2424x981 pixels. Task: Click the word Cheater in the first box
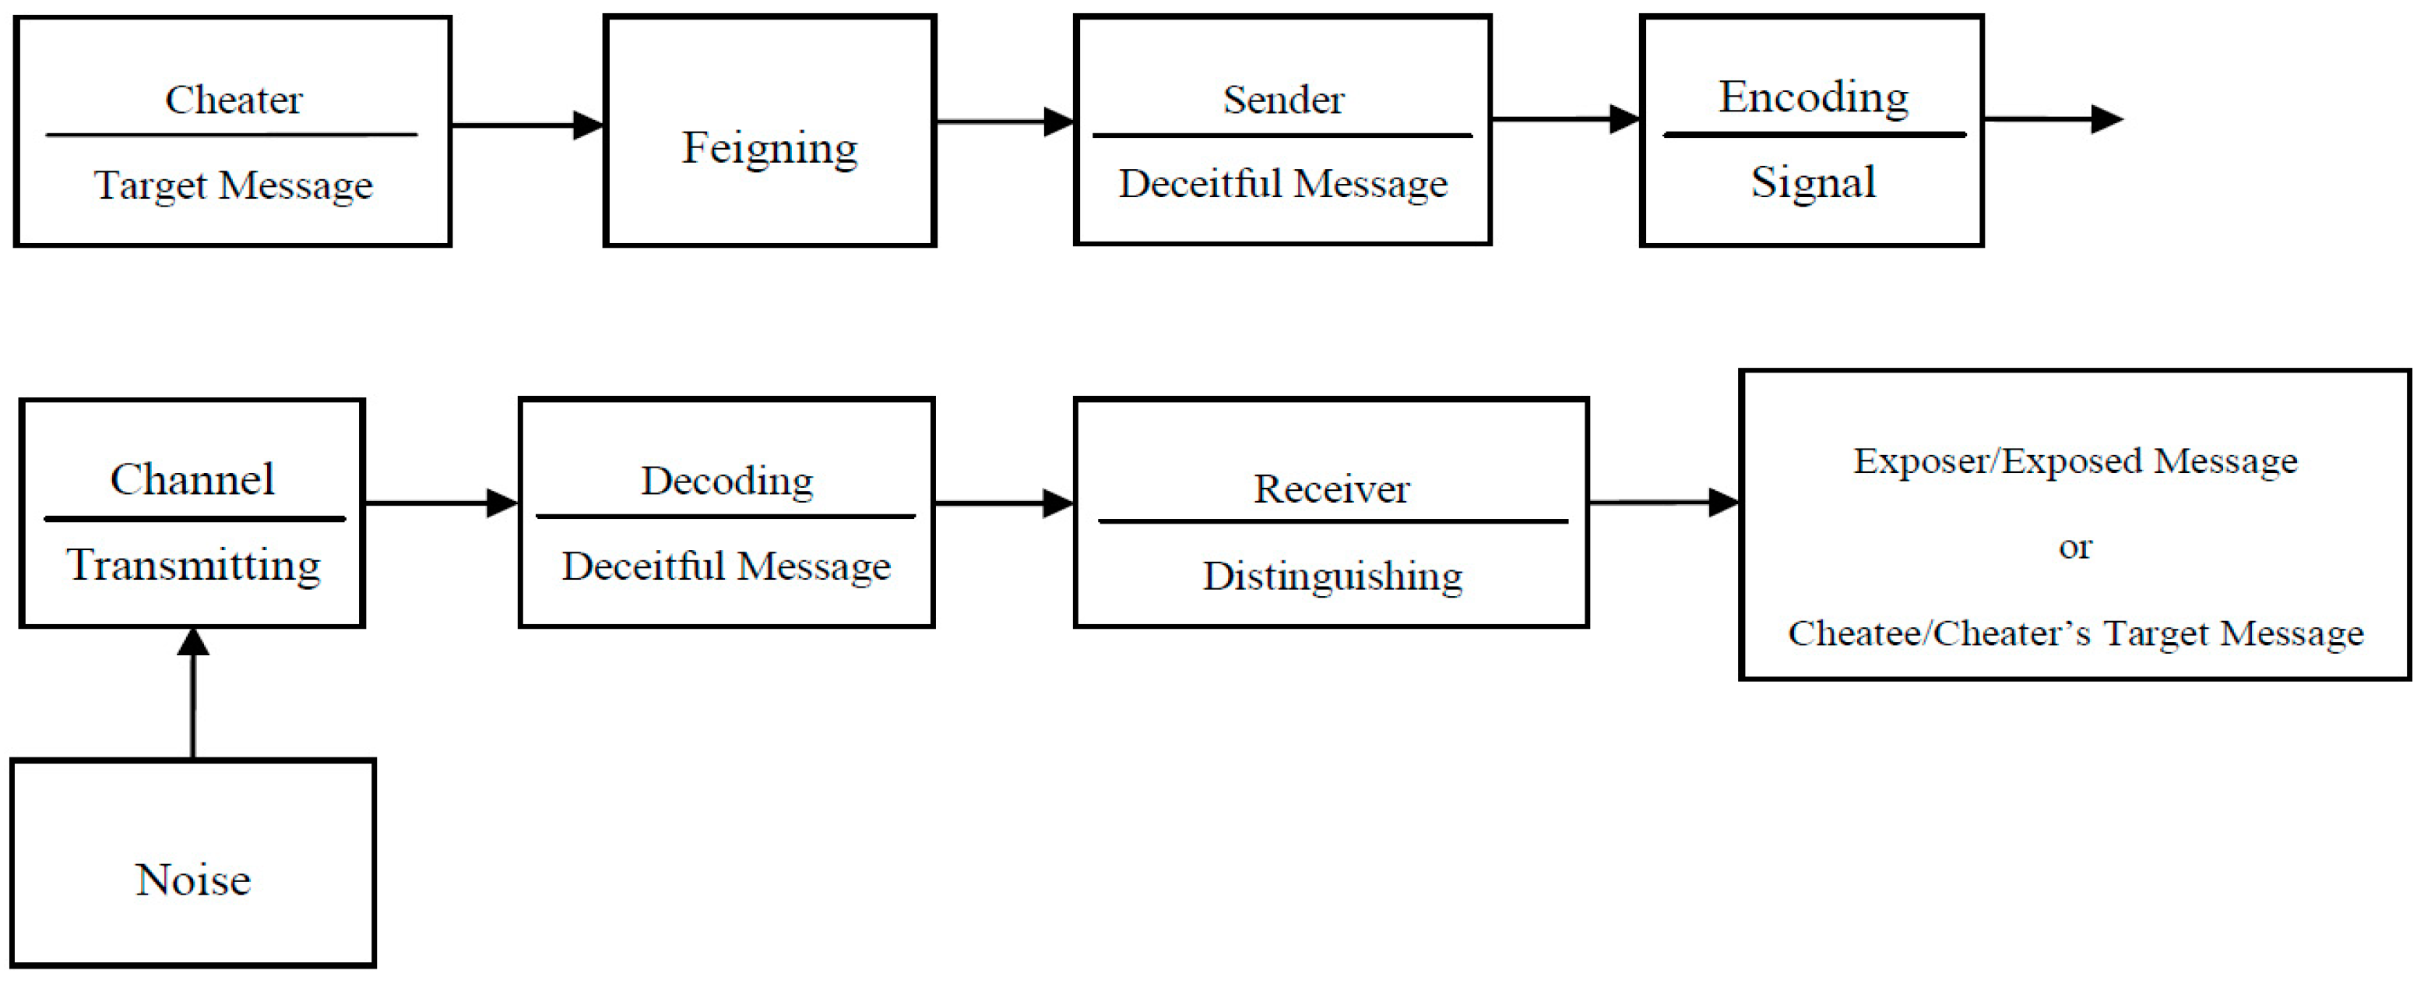pos(234,100)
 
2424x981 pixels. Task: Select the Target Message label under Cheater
pos(234,185)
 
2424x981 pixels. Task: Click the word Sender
pos(1282,100)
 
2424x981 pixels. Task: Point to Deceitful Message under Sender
pos(1282,184)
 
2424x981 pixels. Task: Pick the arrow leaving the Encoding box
pos(2051,119)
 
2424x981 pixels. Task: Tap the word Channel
pos(192,479)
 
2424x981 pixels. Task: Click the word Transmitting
pos(193,565)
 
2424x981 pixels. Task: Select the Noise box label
pos(193,880)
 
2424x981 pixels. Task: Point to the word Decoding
pos(726,481)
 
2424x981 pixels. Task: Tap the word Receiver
pos(1331,489)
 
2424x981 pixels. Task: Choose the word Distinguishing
pos(1332,576)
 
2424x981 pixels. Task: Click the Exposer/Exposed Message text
pos(2075,461)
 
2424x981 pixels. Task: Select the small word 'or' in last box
pos(2075,547)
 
